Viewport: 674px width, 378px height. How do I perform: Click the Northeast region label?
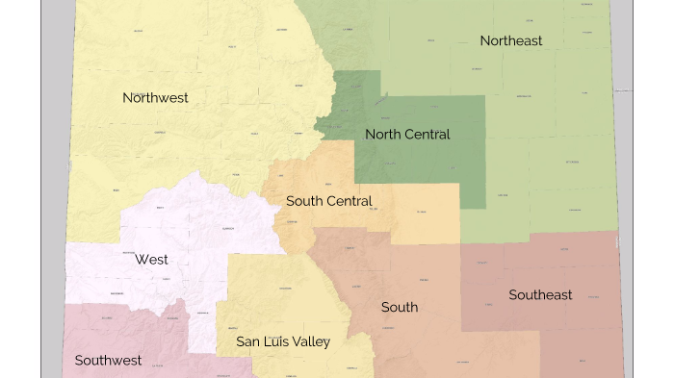(x=510, y=40)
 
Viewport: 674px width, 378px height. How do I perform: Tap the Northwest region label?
(x=155, y=97)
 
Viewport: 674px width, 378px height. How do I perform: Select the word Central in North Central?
(x=428, y=134)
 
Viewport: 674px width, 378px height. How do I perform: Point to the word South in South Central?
(x=304, y=201)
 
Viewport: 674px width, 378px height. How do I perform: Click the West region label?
(x=151, y=259)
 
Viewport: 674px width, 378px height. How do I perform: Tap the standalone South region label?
(x=400, y=307)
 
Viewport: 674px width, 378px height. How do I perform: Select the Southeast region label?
(x=540, y=294)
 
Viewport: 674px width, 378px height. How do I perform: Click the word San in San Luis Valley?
(x=248, y=341)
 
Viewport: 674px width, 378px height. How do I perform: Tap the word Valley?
(x=311, y=341)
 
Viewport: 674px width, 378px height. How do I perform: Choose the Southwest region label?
(x=108, y=361)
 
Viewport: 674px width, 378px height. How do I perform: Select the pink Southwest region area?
(x=116, y=332)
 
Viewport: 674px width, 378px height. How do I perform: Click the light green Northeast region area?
(x=558, y=115)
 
